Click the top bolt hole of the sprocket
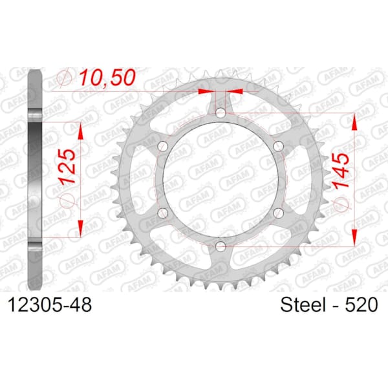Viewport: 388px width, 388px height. click(221, 113)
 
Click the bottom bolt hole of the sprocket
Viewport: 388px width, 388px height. click(221, 246)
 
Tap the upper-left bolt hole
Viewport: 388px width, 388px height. click(163, 145)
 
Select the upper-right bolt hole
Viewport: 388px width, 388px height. click(278, 145)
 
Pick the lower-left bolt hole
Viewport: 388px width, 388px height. click(163, 213)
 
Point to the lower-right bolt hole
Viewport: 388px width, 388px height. click(278, 213)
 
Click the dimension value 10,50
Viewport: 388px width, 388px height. click(107, 78)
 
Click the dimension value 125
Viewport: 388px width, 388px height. click(67, 167)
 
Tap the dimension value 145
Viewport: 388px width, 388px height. click(341, 171)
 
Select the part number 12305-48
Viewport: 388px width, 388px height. click(50, 305)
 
